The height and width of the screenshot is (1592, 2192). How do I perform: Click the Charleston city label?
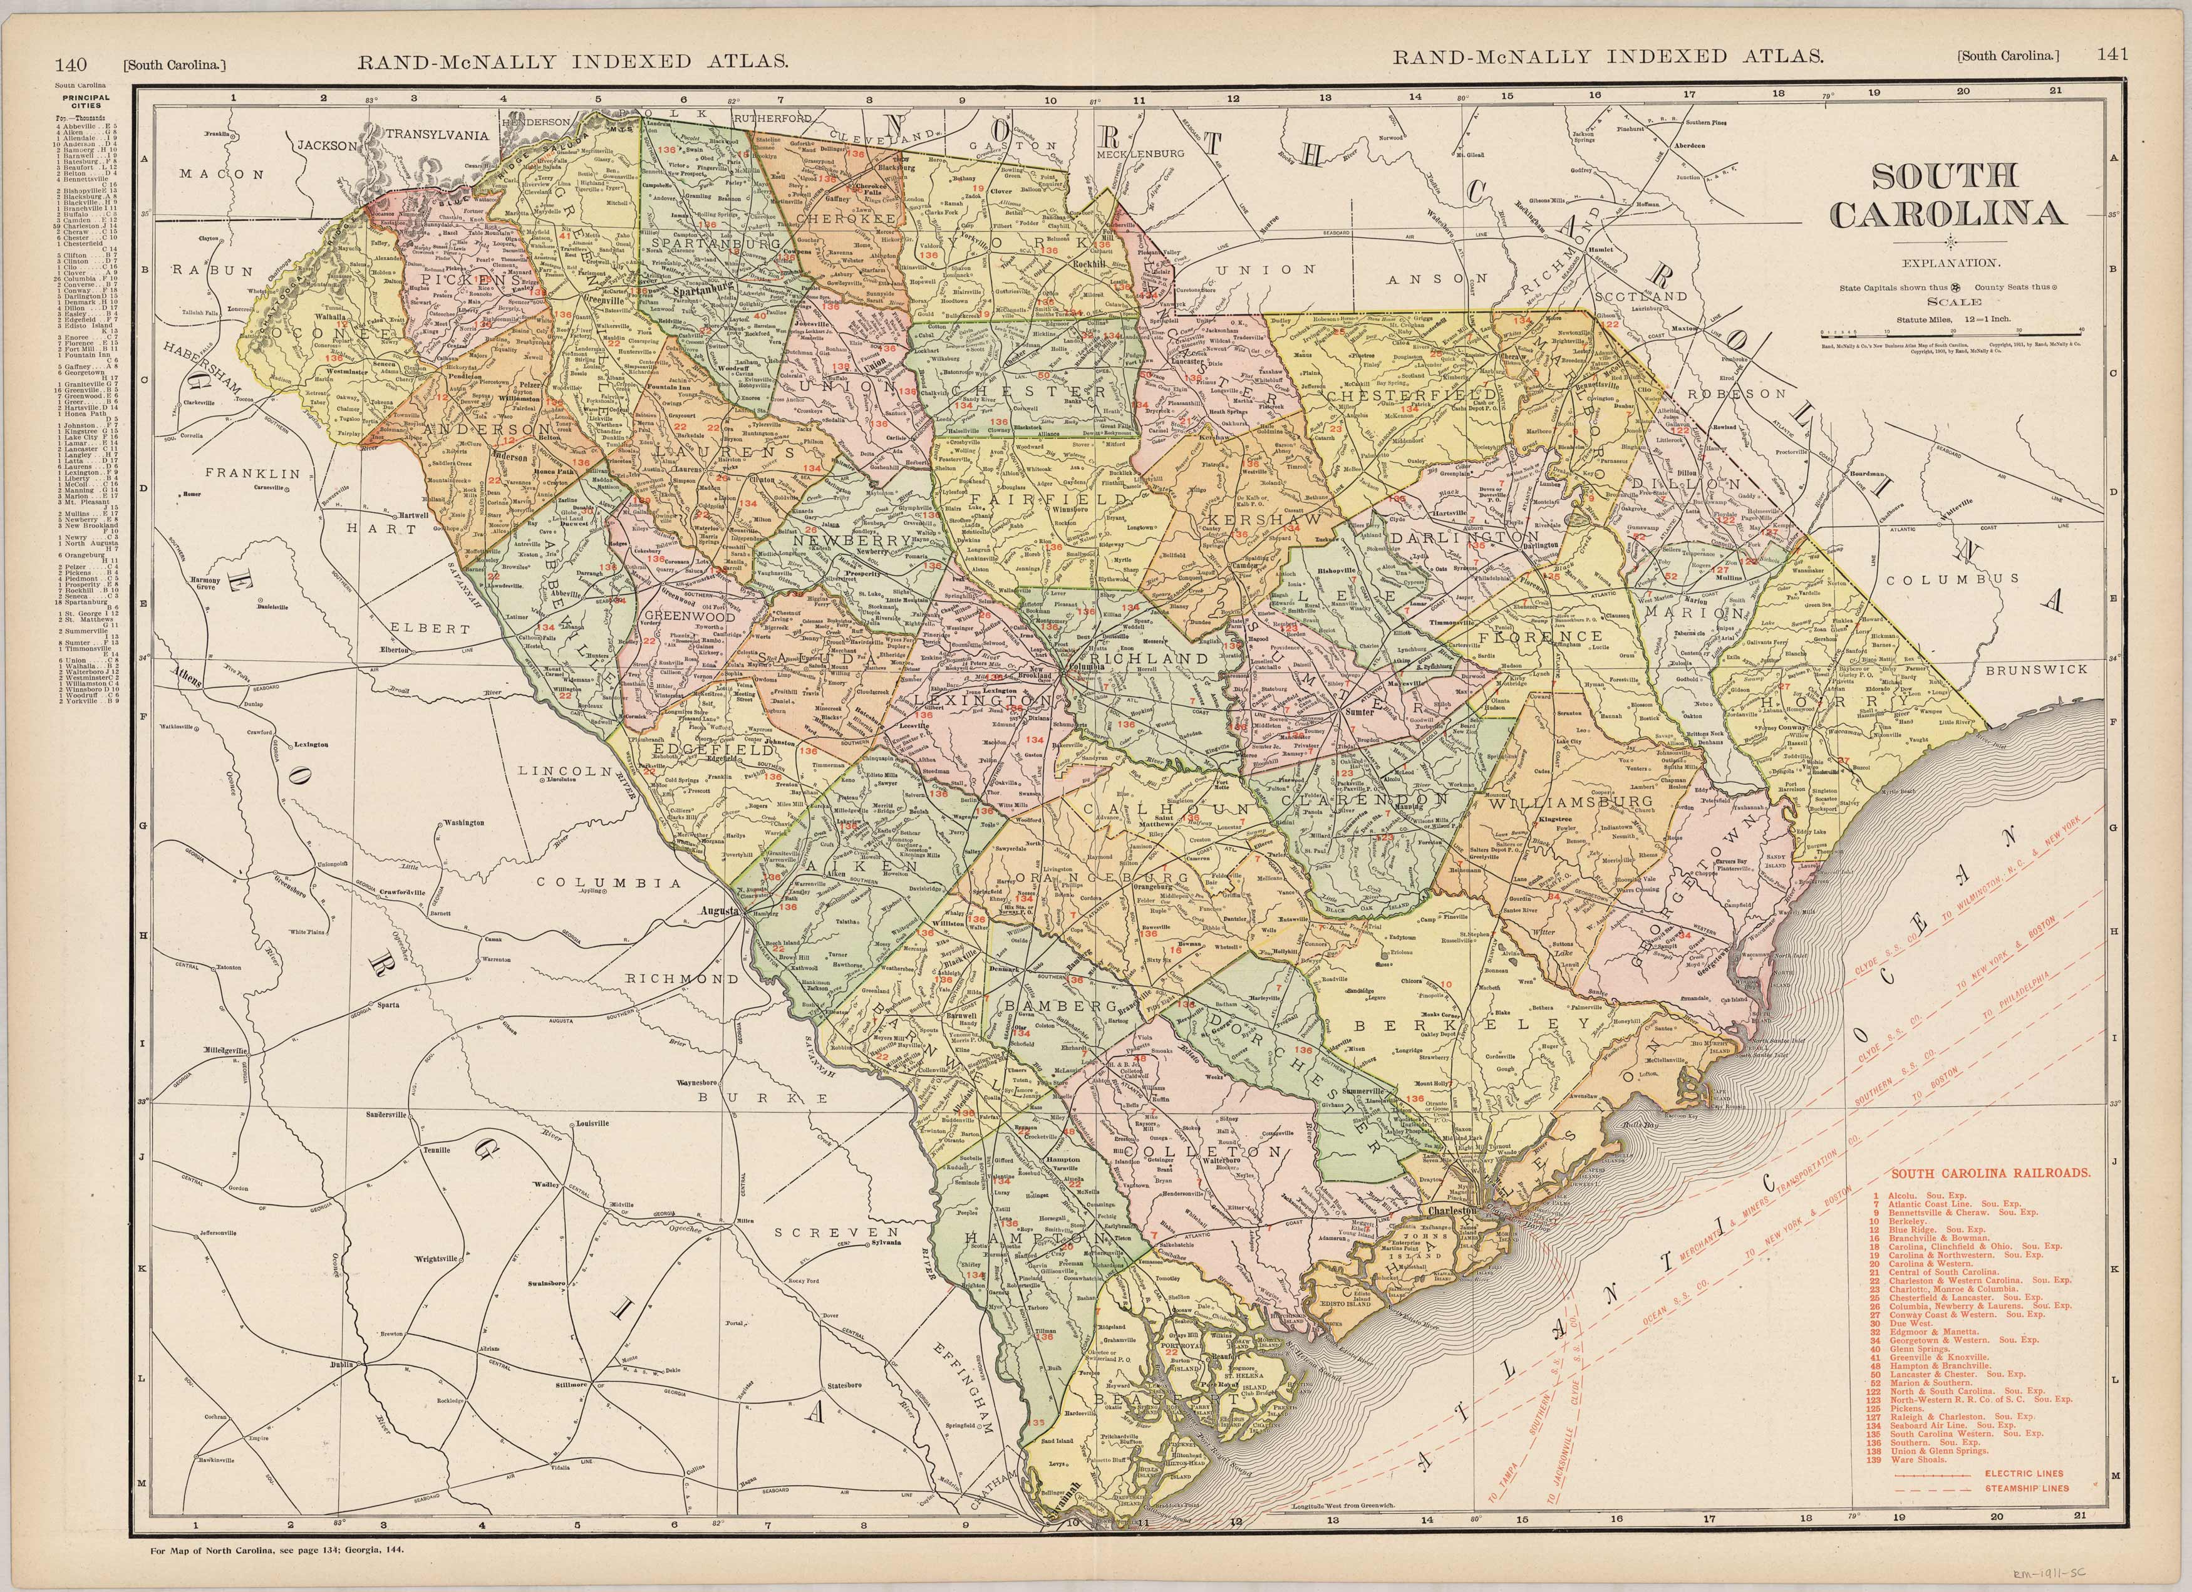pos(1449,1210)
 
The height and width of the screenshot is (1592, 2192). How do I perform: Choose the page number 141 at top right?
pos(2112,55)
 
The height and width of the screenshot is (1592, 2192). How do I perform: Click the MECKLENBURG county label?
pos(1140,153)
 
